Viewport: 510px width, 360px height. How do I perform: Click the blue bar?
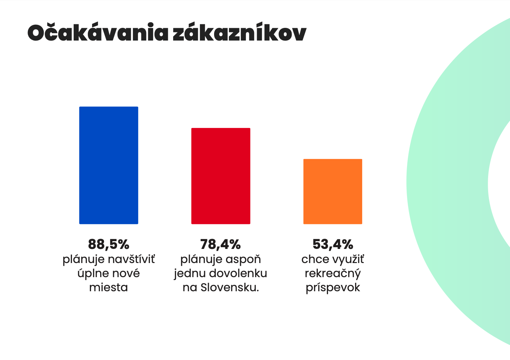pos(109,165)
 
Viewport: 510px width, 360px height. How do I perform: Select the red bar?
pos(221,176)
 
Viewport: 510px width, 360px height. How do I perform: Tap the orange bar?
pos(333,191)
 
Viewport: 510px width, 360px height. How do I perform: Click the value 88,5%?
pos(109,244)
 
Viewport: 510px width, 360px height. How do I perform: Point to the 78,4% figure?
pos(220,244)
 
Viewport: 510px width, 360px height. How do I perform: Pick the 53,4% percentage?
pos(333,244)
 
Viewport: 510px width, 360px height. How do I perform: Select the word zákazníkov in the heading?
pos(239,33)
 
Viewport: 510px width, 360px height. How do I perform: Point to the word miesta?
pos(109,287)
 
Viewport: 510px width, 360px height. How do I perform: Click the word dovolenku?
pos(238,274)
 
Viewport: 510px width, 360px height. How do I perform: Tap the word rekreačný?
pos(333,274)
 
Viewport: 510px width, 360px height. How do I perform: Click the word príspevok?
pos(333,288)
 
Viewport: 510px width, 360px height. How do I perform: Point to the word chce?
pos(313,260)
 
